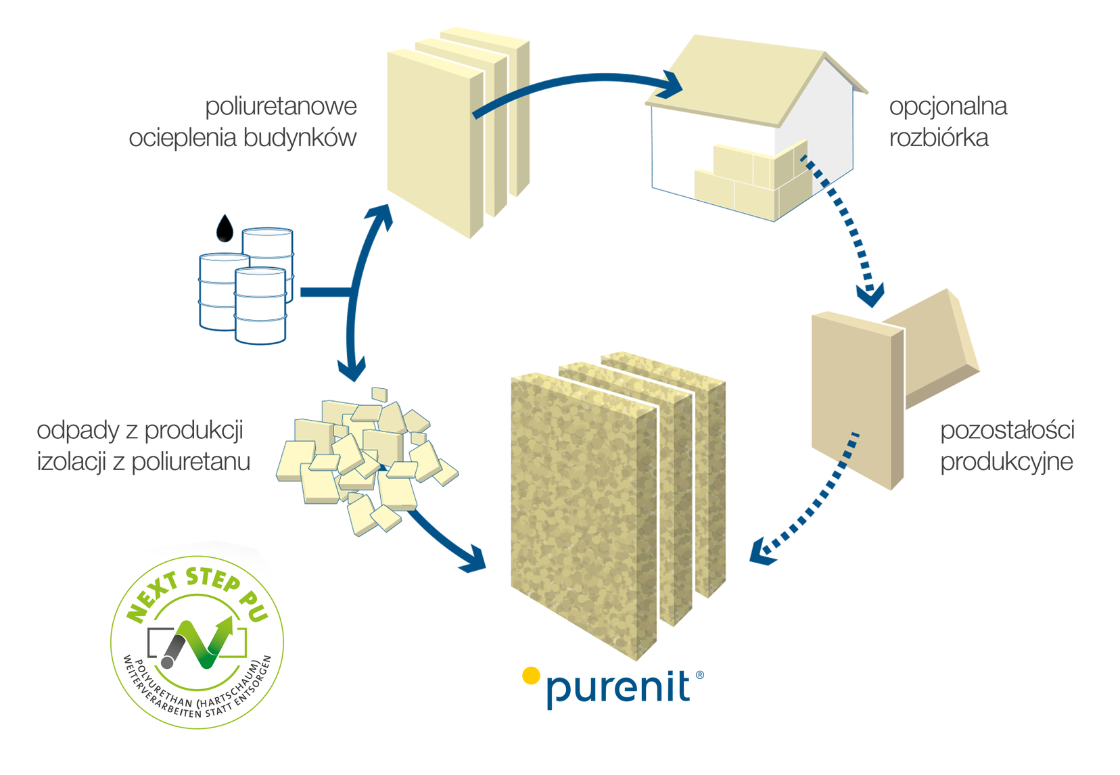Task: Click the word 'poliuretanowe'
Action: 281,108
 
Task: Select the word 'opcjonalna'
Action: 948,107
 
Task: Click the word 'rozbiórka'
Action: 939,138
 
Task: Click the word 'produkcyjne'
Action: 1007,462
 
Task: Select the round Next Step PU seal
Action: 197,642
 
